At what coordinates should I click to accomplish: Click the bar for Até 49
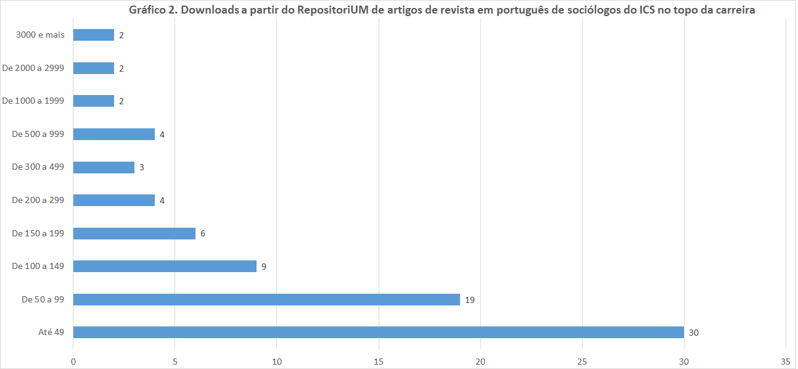point(378,332)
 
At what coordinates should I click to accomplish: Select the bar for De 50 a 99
point(266,299)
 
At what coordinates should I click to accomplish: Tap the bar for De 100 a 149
point(165,266)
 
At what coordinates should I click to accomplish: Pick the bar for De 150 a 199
point(134,233)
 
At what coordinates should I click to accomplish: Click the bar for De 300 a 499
point(104,167)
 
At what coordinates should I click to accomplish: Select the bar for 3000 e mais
point(93,35)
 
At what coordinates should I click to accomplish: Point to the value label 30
point(693,333)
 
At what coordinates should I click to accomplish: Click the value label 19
point(469,300)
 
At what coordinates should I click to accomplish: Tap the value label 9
point(263,267)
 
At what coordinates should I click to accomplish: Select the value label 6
point(202,234)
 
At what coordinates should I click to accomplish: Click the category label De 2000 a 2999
point(33,68)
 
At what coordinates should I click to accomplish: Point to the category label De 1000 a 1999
point(33,101)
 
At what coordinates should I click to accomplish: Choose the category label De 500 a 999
point(38,134)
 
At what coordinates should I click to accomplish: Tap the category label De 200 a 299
point(38,200)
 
